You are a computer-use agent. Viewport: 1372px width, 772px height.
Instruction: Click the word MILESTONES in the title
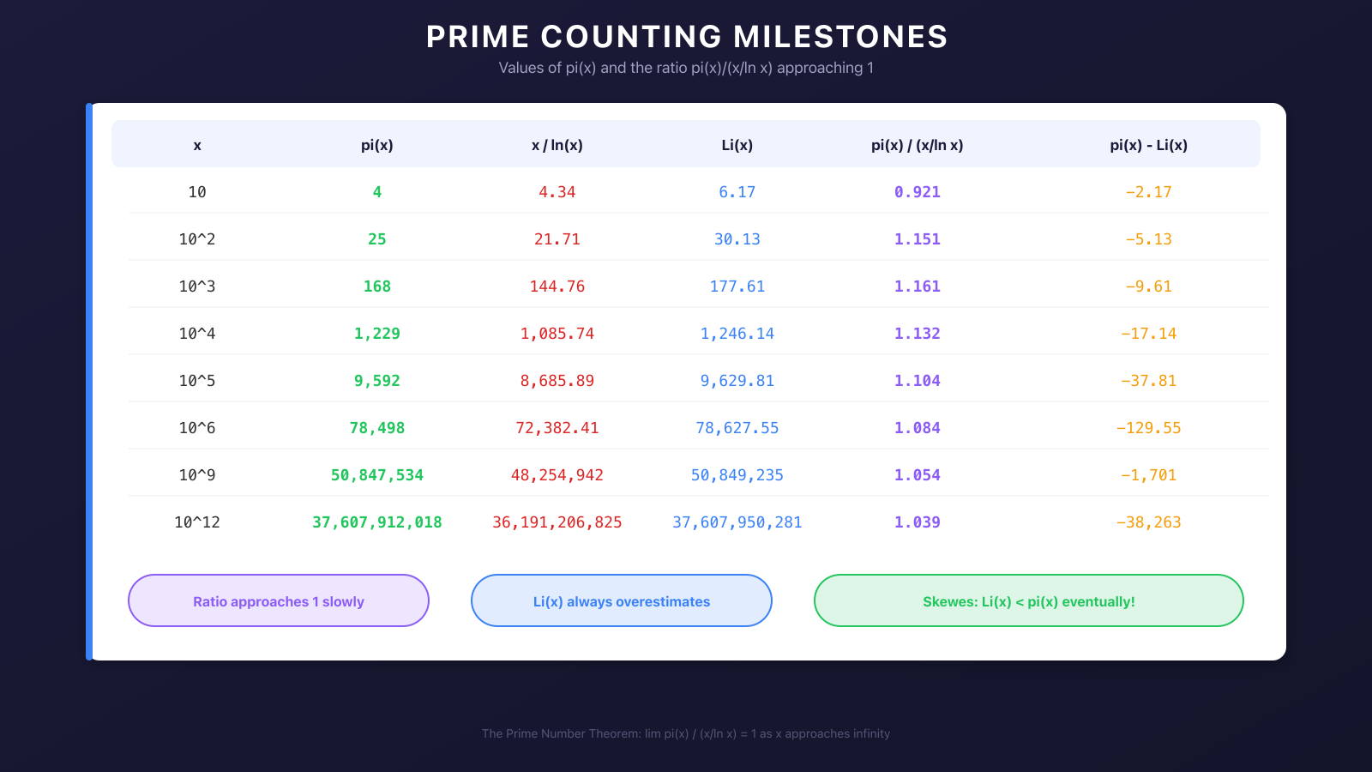pyautogui.click(x=840, y=37)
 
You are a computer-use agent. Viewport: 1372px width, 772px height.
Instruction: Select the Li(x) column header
pyautogui.click(x=737, y=145)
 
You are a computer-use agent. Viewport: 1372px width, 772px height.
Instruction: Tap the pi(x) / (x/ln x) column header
pyautogui.click(x=917, y=145)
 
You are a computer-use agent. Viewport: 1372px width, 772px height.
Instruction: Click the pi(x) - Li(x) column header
pyautogui.click(x=1148, y=145)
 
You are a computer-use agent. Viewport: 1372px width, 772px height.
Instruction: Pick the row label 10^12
pyautogui.click(x=197, y=522)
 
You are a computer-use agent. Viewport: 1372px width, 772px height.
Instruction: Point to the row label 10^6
pyautogui.click(x=197, y=428)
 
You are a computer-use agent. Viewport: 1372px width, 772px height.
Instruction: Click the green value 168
pyautogui.click(x=377, y=286)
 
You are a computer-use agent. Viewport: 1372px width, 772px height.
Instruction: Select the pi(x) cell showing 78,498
pyautogui.click(x=377, y=428)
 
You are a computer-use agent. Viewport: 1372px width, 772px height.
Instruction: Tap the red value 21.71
pyautogui.click(x=557, y=239)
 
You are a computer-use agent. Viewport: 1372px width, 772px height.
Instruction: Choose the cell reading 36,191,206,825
pyautogui.click(x=557, y=522)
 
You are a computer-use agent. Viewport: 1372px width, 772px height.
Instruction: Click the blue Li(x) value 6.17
pyautogui.click(x=737, y=192)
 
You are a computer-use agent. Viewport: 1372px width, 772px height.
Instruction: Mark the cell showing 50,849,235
pyautogui.click(x=737, y=475)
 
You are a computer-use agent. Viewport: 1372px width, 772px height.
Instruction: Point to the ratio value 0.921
pyautogui.click(x=918, y=192)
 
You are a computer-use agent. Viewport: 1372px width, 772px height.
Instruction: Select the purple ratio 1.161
pyautogui.click(x=918, y=286)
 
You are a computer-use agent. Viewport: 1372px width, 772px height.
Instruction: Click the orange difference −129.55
pyautogui.click(x=1148, y=428)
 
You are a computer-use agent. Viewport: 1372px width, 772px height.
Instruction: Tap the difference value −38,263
pyautogui.click(x=1148, y=522)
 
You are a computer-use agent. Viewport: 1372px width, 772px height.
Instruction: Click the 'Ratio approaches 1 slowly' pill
pyautogui.click(x=279, y=601)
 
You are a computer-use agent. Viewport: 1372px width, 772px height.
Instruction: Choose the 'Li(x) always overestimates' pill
pyautogui.click(x=622, y=601)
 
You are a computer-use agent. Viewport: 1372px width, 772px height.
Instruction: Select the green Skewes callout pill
pyautogui.click(x=1028, y=601)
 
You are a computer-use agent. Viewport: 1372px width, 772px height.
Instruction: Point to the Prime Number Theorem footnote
pyautogui.click(x=686, y=733)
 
